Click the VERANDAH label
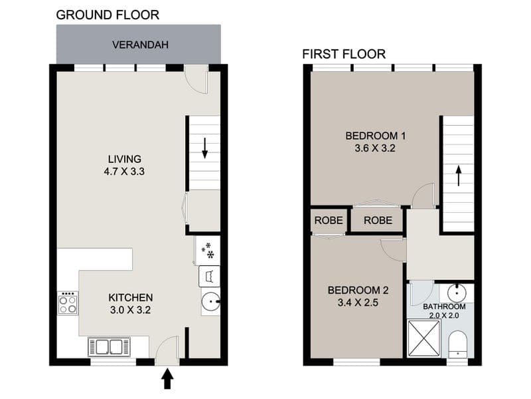click(x=140, y=45)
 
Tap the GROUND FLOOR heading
click(x=108, y=15)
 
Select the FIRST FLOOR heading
click(x=344, y=54)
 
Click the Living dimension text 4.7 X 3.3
click(x=124, y=172)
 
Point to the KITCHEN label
click(x=131, y=297)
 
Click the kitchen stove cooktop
click(x=68, y=303)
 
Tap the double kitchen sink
click(x=109, y=346)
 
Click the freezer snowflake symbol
click(x=208, y=251)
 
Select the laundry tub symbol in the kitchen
click(x=209, y=276)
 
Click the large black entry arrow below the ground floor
click(x=167, y=379)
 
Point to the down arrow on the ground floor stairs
click(x=204, y=148)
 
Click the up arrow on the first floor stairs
click(x=459, y=176)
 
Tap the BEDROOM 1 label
click(x=375, y=136)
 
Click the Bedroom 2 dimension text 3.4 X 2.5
click(x=358, y=303)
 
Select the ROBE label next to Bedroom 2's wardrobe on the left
click(x=329, y=221)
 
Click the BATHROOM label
click(x=444, y=307)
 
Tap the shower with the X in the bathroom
click(x=424, y=338)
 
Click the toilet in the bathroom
click(x=457, y=344)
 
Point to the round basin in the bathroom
click(x=457, y=293)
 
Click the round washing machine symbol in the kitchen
click(x=210, y=301)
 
